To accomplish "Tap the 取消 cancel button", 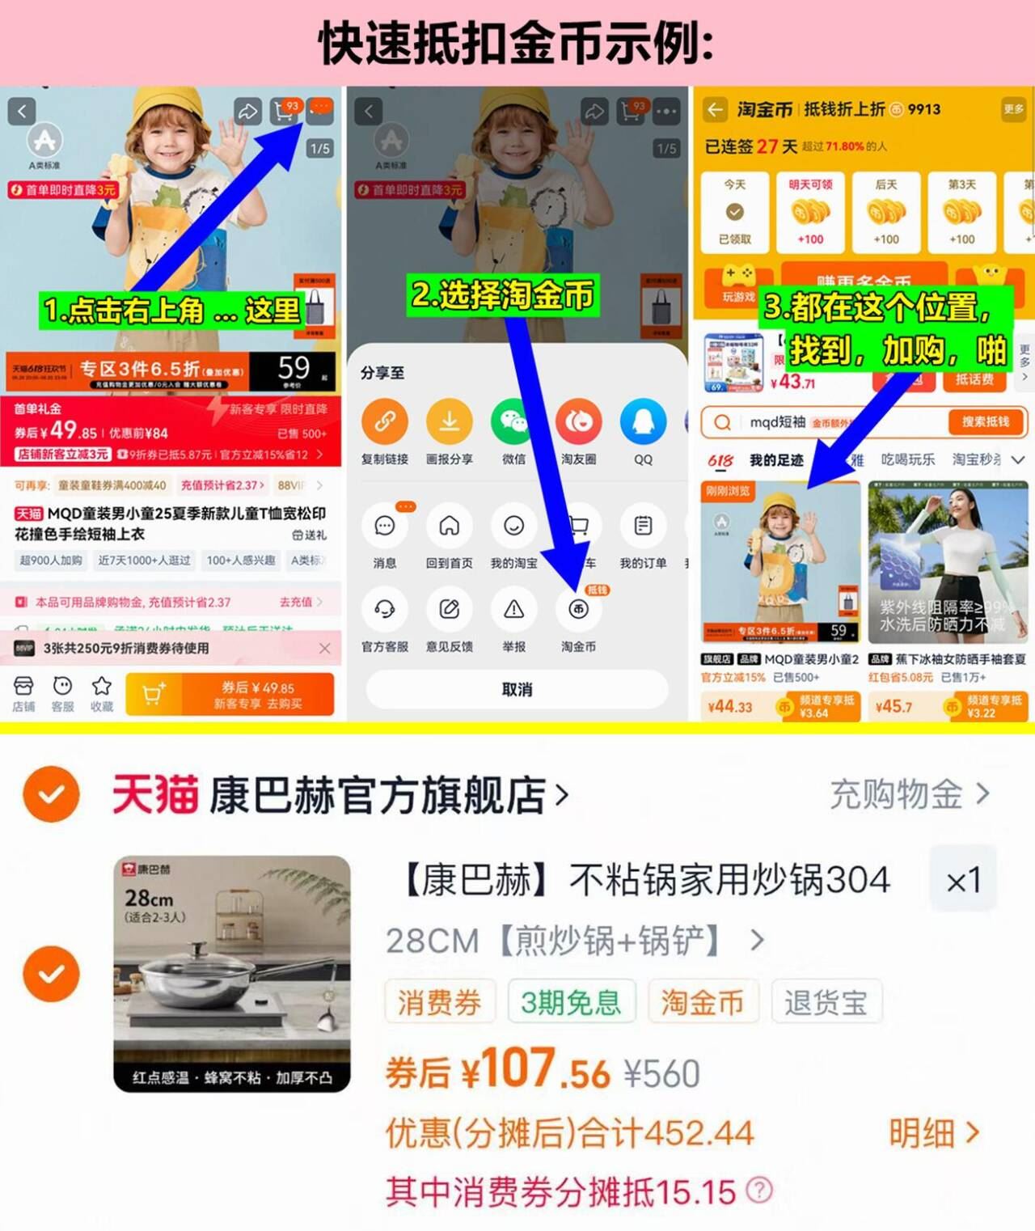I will coord(517,689).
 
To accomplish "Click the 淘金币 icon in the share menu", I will coord(578,610).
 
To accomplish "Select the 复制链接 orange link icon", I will coord(384,421).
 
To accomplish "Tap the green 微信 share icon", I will coord(513,421).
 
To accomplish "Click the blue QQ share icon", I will coord(643,421).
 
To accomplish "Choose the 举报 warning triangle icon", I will coord(513,610).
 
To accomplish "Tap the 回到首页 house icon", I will coord(449,527).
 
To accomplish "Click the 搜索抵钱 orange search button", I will coord(985,421).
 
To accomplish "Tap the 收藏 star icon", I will coord(102,687).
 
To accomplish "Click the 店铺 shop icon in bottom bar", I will coord(23,687).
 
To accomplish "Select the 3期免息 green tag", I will coord(571,1002).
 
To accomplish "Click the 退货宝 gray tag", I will coord(826,1002).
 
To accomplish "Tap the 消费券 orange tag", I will coord(439,1002).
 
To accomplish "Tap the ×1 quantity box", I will coord(963,879).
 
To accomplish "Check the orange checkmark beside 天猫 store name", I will coord(52,794).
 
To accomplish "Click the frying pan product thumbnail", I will coord(232,974).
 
